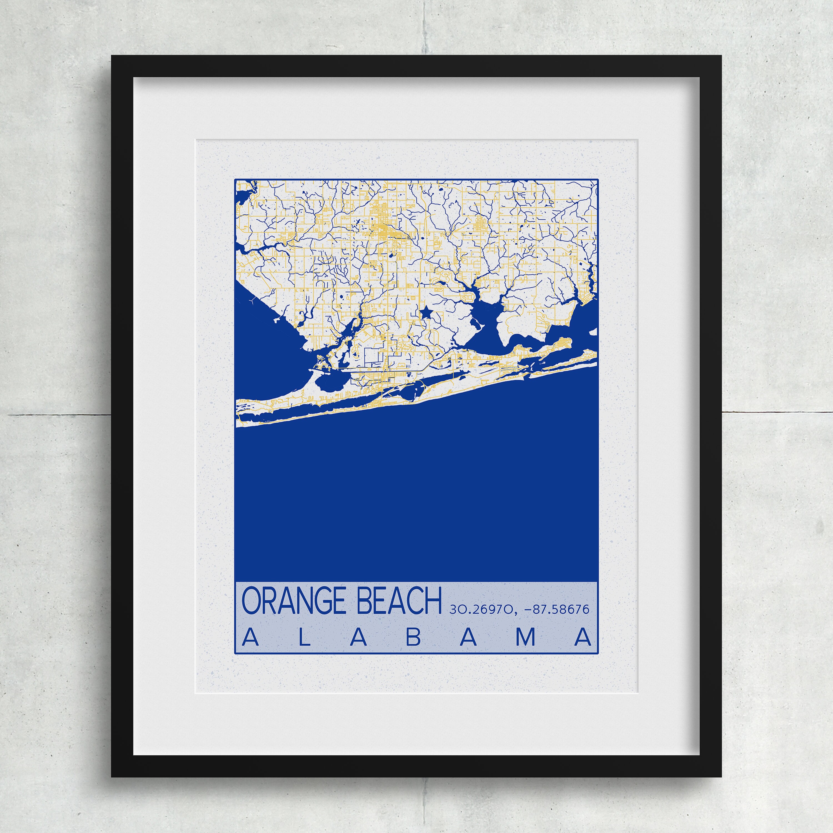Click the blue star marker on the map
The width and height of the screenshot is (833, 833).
click(426, 312)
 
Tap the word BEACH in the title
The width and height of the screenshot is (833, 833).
click(400, 601)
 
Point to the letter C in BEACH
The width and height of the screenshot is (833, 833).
click(416, 601)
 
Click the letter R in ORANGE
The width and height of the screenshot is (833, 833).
click(268, 601)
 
